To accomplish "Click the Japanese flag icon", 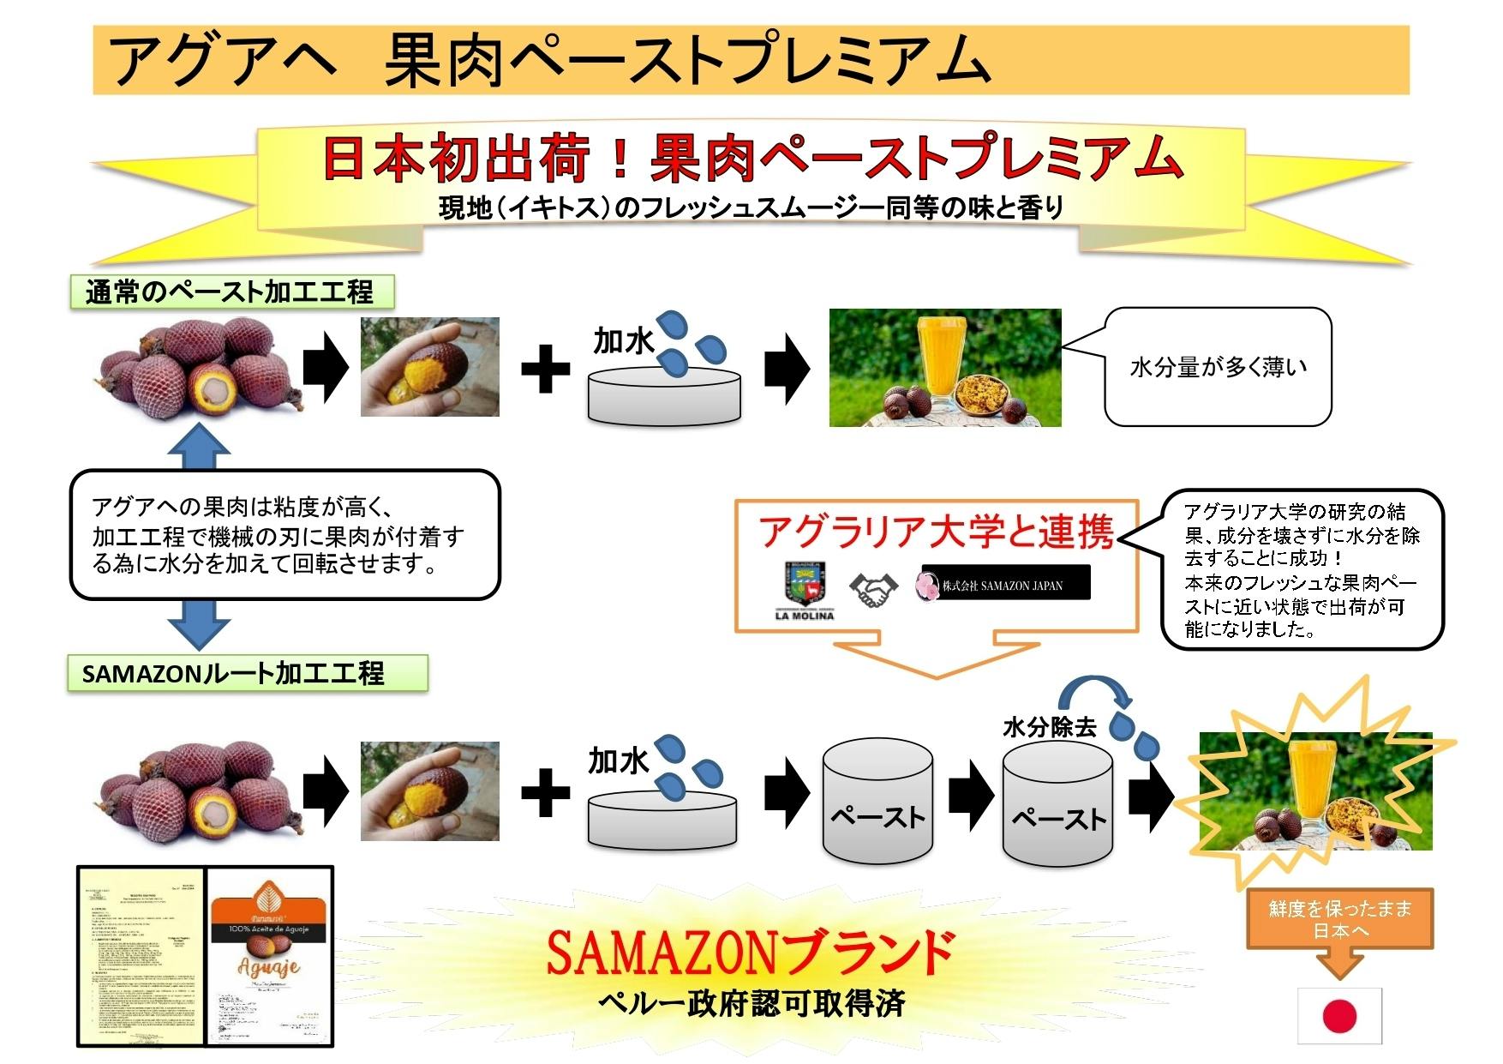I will coord(1339,1016).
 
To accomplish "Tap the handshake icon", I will coord(873,590).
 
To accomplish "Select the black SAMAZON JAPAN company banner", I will coord(1004,583).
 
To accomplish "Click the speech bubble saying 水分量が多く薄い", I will coord(1218,367).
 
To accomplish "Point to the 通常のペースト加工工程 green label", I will coord(231,292).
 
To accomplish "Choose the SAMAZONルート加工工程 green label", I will coord(246,673).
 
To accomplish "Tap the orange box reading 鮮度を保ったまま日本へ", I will coord(1339,919).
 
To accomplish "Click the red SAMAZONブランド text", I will coord(751,953).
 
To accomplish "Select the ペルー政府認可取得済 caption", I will coord(751,1003).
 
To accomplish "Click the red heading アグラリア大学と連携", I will coord(936,532).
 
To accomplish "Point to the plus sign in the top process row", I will coord(546,369).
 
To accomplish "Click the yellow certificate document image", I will coord(141,956).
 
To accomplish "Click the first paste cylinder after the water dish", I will coord(877,802).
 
